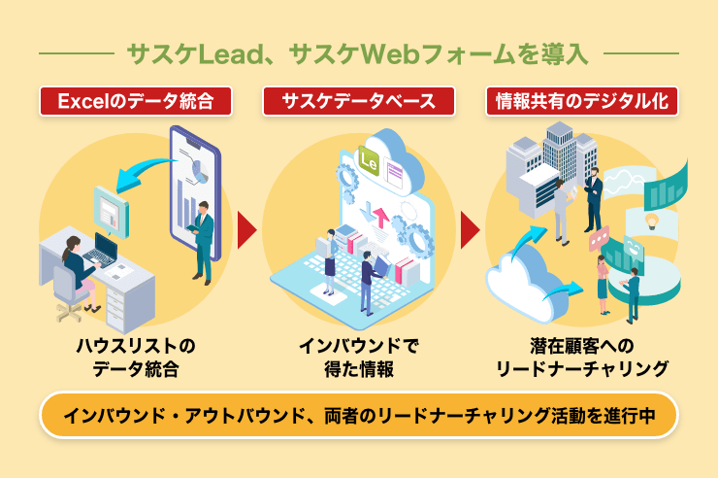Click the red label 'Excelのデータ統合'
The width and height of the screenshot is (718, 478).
point(136,100)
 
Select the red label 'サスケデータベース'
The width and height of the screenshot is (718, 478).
point(359,100)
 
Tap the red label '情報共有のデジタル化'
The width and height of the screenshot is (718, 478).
point(581,100)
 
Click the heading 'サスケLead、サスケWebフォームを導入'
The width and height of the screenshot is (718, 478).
point(359,51)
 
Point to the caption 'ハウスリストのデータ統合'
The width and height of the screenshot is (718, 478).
point(136,357)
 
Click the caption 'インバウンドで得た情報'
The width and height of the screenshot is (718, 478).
point(359,357)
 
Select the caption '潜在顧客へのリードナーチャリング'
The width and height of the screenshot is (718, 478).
point(581,357)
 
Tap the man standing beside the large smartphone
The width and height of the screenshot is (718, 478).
point(204,238)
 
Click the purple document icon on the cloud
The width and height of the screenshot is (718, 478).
point(395,175)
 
